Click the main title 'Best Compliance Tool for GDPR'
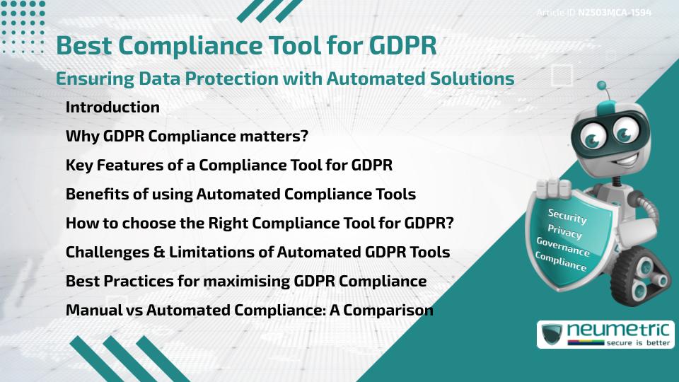pos(246,45)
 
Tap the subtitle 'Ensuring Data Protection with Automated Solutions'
pos(284,79)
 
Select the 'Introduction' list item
pos(112,108)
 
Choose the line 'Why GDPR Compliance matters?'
pos(187,137)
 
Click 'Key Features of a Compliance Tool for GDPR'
pos(228,166)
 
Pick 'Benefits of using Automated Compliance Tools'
pos(240,194)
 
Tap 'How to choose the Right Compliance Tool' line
pos(259,223)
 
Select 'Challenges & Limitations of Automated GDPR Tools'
pos(257,252)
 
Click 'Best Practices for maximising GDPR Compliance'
pos(246,281)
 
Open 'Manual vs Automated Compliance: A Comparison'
pos(249,310)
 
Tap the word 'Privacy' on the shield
pos(564,233)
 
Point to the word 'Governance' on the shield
pos(562,248)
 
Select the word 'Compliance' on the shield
pos(560,262)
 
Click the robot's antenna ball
pos(602,86)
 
